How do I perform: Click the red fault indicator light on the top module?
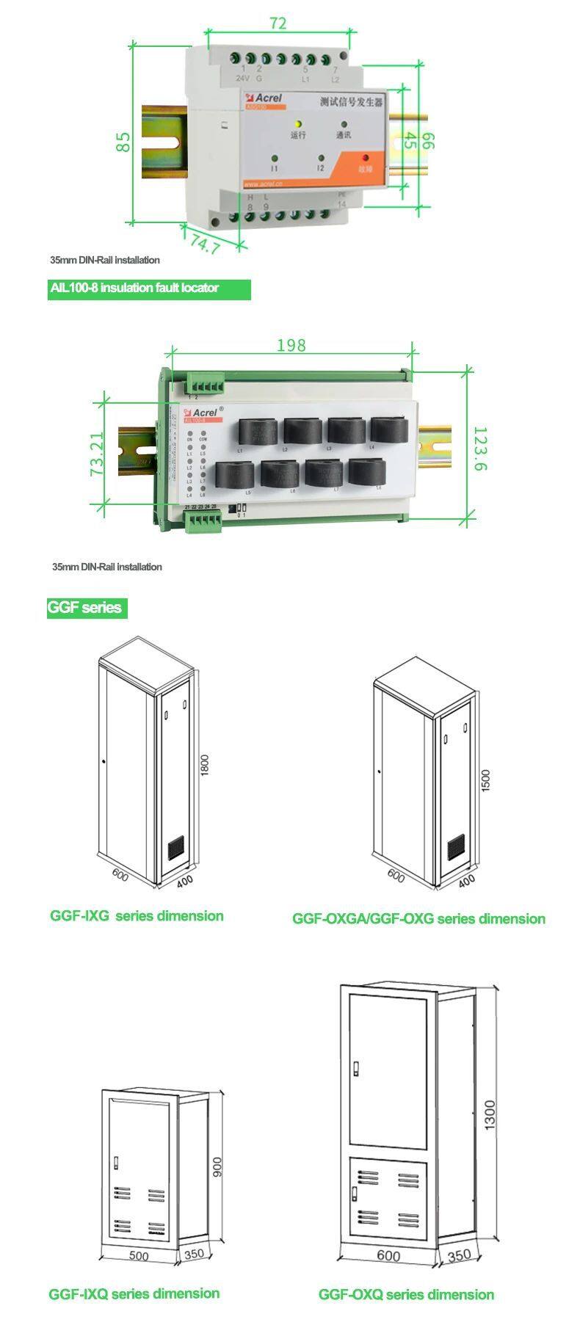pos(366,158)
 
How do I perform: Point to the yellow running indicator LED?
pos(298,125)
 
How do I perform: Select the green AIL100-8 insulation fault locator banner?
pos(149,288)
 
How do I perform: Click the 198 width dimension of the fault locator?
pos(291,344)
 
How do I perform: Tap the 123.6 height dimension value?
pos(479,449)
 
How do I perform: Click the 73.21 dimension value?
pos(97,455)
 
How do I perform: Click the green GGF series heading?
pos(86,608)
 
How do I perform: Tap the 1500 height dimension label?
pos(485,780)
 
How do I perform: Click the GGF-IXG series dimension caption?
pos(137,916)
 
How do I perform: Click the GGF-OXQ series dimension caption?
pos(406,1294)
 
